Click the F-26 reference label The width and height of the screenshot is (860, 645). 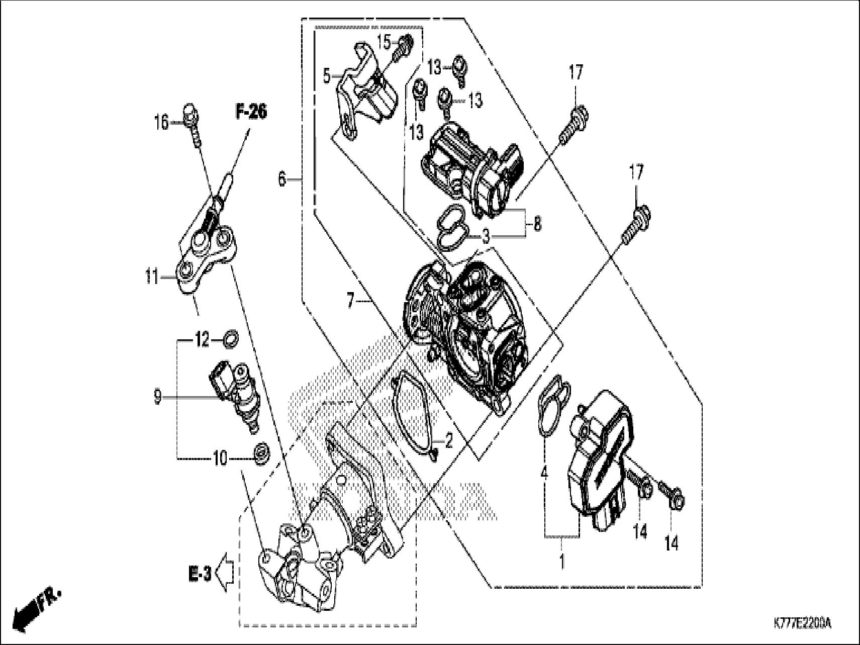coord(251,112)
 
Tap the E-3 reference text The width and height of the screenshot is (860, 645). coord(201,574)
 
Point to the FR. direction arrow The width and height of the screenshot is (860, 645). coord(35,609)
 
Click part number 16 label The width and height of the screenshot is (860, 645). coord(162,122)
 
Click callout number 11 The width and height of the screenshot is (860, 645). coord(152,277)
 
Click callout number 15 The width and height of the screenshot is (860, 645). coord(384,42)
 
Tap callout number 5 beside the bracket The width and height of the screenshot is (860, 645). coord(327,77)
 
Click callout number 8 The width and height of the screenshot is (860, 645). coord(537,224)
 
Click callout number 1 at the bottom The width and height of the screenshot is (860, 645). coord(562,561)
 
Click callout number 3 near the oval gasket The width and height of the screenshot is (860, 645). coord(485,236)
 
